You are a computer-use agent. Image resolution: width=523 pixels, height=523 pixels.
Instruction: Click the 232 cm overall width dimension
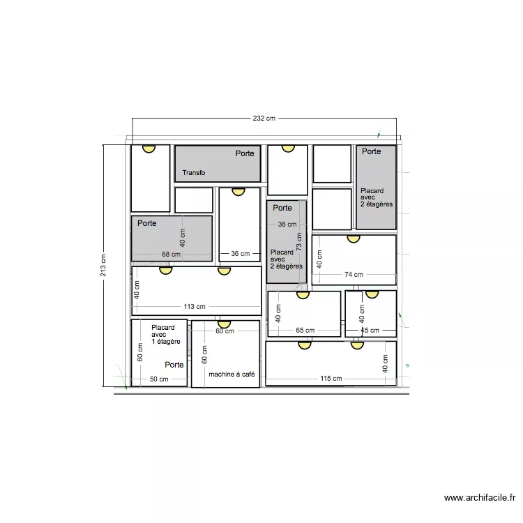click(x=264, y=119)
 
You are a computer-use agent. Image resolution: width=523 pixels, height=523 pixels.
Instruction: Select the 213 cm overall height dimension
click(x=103, y=265)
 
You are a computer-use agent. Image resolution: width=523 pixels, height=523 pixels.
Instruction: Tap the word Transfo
click(x=194, y=172)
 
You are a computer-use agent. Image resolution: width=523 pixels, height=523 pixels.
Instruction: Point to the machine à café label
click(x=232, y=374)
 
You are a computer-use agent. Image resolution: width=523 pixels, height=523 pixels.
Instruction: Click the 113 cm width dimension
click(x=194, y=306)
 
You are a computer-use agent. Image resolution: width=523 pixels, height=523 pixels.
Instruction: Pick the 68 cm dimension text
click(x=170, y=255)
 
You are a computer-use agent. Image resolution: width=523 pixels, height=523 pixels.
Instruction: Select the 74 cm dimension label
click(x=354, y=275)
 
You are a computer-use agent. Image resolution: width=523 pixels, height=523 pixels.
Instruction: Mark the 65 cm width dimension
click(x=305, y=331)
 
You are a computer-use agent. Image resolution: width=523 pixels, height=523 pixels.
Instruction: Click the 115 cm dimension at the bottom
click(x=331, y=379)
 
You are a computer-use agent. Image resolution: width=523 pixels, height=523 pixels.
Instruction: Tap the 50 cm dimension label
click(x=159, y=379)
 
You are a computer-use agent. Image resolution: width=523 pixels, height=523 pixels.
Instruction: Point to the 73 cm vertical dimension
click(x=298, y=242)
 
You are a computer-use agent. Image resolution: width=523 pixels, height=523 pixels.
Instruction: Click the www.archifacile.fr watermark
click(x=480, y=498)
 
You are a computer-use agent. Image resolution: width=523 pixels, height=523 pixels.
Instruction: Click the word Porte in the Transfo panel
click(x=245, y=153)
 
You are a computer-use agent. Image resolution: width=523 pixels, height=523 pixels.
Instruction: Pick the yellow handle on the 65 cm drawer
click(x=303, y=294)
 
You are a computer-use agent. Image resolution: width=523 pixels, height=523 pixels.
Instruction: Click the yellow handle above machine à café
click(x=224, y=324)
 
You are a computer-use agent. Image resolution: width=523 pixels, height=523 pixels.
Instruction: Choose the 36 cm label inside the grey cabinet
click(x=287, y=225)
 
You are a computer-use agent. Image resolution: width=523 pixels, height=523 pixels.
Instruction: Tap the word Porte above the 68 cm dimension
click(x=146, y=223)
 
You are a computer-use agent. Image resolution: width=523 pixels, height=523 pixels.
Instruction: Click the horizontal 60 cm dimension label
click(x=225, y=331)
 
